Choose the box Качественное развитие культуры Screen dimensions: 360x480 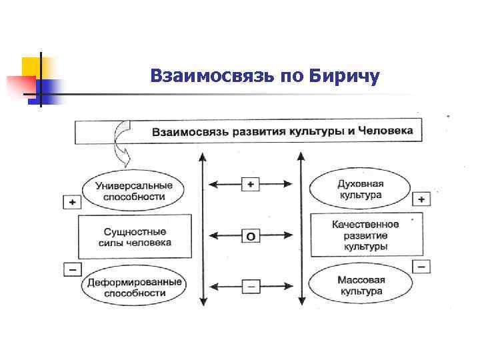(x=365, y=235)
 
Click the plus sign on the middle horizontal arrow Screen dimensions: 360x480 (x=251, y=183)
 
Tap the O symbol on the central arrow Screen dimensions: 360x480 (x=251, y=235)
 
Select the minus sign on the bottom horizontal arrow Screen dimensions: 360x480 (x=251, y=286)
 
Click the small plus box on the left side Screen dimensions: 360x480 (x=71, y=201)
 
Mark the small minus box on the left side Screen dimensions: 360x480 (x=71, y=269)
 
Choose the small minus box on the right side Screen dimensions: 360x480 (x=421, y=266)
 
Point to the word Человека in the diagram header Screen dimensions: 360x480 (x=385, y=130)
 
